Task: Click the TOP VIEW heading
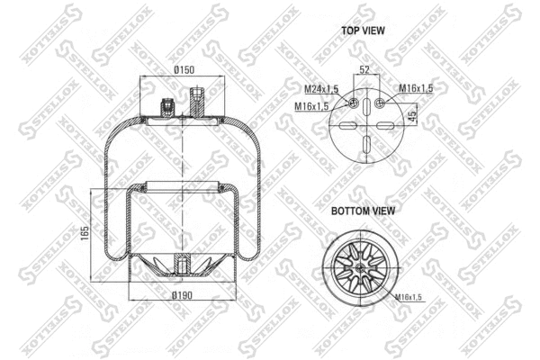pos(363,31)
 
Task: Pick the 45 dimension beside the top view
pos(412,115)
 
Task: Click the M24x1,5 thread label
pos(320,88)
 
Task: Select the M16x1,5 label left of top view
pos(310,107)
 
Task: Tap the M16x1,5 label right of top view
pos(416,88)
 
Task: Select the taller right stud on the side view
pos(197,98)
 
